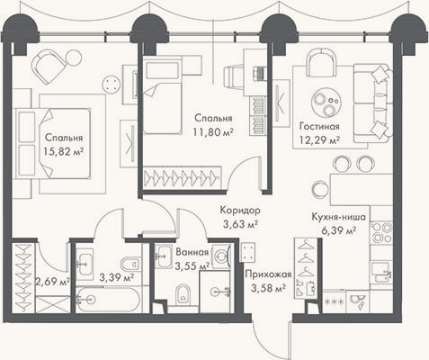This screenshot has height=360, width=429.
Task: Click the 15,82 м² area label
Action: pyautogui.click(x=63, y=151)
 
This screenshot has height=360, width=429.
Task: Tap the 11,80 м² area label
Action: pyautogui.click(x=213, y=131)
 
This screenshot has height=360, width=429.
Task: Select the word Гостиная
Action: pyautogui.click(x=319, y=126)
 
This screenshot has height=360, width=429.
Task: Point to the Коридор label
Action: pyautogui.click(x=240, y=210)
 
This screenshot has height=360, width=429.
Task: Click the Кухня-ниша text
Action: pyautogui.click(x=339, y=217)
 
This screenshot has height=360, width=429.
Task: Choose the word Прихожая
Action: pyautogui.click(x=268, y=274)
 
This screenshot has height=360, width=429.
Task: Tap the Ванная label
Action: pyautogui.click(x=192, y=252)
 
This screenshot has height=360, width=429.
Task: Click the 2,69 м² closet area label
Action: pyautogui.click(x=53, y=282)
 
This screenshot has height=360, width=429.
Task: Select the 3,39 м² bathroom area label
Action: pyautogui.click(x=116, y=277)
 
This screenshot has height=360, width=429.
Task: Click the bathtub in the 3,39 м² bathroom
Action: pyautogui.click(x=108, y=300)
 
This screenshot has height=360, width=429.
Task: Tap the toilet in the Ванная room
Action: pyautogui.click(x=183, y=293)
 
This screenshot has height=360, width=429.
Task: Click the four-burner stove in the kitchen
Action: pyautogui.click(x=381, y=232)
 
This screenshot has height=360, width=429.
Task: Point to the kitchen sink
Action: pyautogui.click(x=380, y=272)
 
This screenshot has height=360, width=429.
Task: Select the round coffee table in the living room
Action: pyautogui.click(x=326, y=102)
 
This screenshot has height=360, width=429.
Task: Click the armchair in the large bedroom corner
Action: pyautogui.click(x=49, y=67)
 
